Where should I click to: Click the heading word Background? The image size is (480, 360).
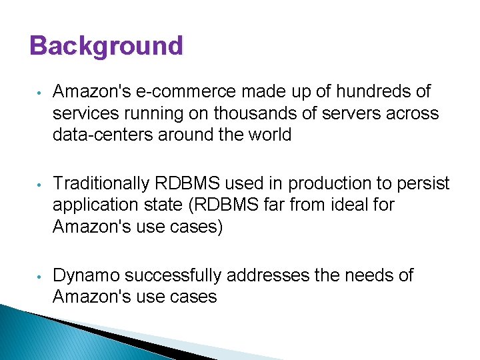(106, 46)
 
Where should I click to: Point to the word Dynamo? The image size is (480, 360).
(86, 275)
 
